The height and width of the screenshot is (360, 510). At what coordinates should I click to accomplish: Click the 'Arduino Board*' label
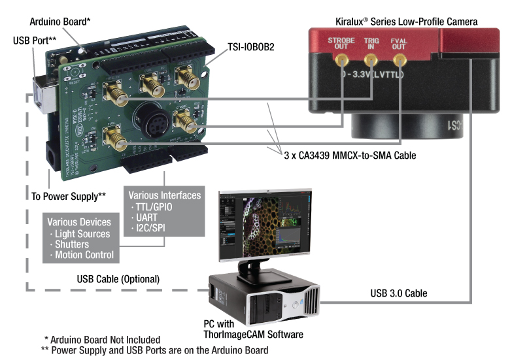[58, 22]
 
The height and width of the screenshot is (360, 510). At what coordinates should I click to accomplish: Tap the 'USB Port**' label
[33, 39]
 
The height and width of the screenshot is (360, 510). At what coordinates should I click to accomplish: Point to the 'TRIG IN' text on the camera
[371, 44]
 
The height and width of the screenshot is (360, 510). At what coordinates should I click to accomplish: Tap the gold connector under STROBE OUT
[341, 61]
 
